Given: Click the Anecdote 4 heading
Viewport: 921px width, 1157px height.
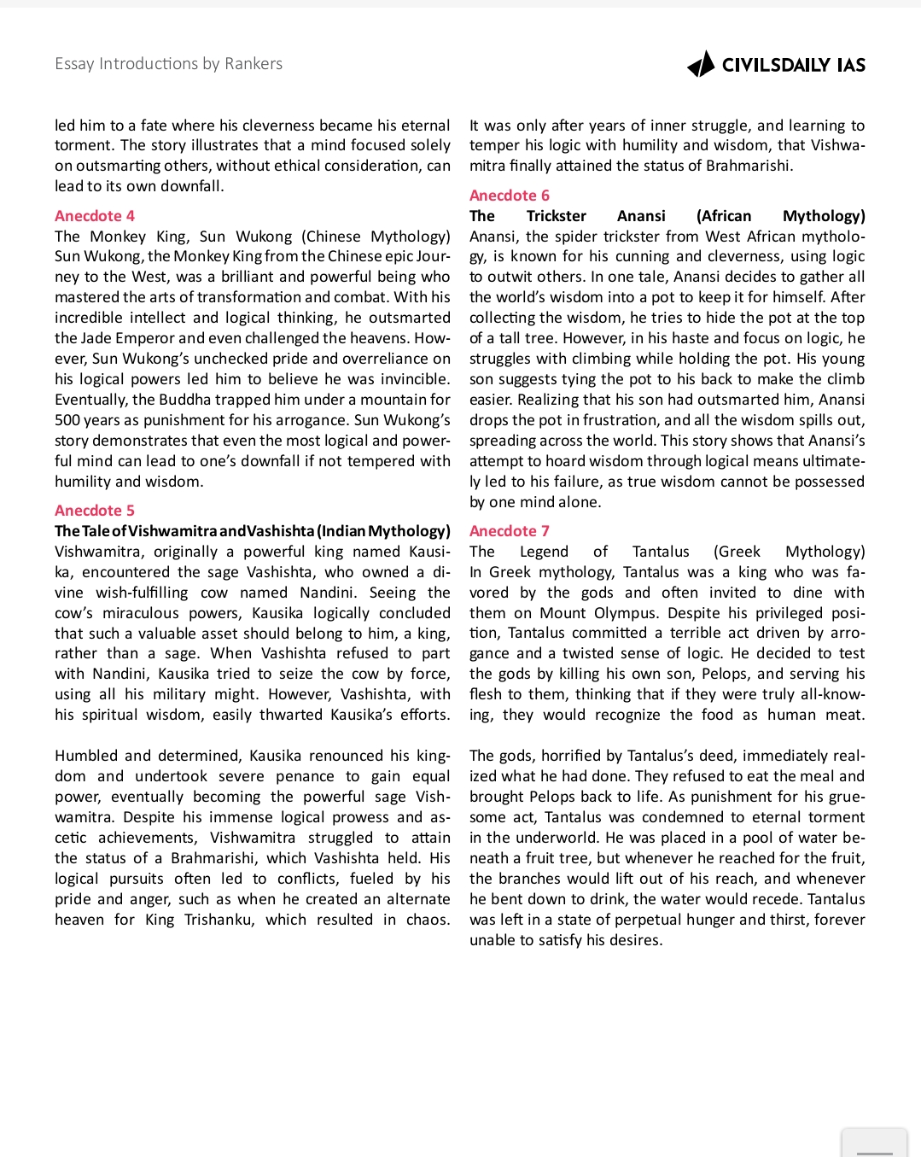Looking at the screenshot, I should coord(95,216).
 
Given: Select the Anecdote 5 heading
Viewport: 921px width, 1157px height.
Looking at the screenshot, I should coord(95,511).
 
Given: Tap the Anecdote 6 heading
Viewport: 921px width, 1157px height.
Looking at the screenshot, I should coord(510,196).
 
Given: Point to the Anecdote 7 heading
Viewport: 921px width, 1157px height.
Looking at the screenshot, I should coord(510,531).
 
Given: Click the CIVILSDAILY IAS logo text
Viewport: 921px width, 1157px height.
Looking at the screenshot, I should coord(793,66).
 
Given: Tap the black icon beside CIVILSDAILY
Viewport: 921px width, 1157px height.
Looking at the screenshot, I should coord(702,65).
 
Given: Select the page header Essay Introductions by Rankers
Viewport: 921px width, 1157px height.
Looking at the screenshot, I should coord(168,64).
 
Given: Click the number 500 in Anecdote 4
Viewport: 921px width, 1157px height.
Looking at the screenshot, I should coord(68,420).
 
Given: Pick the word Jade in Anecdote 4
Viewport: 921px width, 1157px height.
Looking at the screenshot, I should coord(100,338).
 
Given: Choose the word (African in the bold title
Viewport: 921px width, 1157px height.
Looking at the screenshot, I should coord(724,216).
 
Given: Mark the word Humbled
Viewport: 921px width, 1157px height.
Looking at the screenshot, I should coord(85,756).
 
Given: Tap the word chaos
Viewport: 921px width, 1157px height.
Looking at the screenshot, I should coord(428,920).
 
